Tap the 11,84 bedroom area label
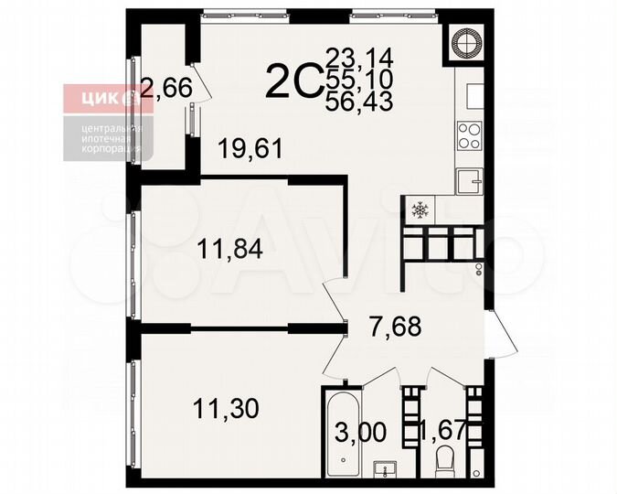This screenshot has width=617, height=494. (x=230, y=247)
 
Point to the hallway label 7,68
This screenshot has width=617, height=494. (x=395, y=326)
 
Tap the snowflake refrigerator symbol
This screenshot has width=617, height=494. (x=420, y=211)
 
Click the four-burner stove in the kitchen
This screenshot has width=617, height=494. (x=469, y=135)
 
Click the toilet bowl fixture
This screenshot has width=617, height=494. (x=445, y=461)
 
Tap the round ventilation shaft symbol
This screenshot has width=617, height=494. (x=465, y=40)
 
